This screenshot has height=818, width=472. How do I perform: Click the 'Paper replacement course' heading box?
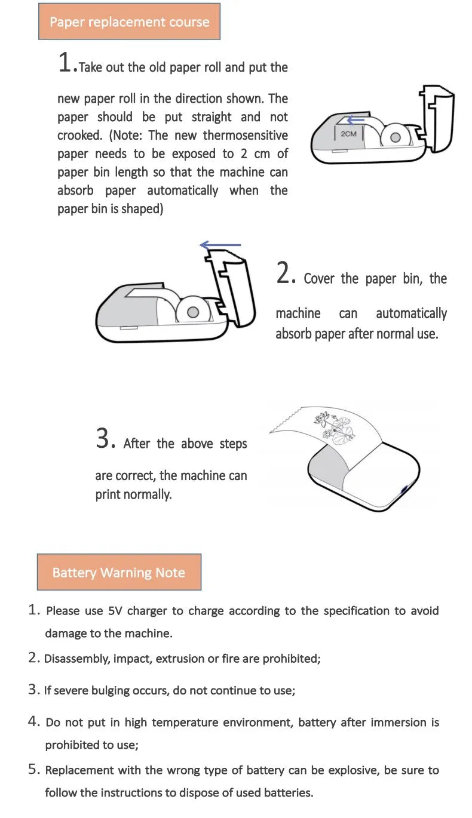pyautogui.click(x=129, y=21)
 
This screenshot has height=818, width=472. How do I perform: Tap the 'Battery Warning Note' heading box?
pyautogui.click(x=119, y=572)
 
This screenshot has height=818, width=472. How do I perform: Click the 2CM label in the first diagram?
pyautogui.click(x=348, y=134)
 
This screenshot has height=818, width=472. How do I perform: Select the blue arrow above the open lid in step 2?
pyautogui.click(x=220, y=245)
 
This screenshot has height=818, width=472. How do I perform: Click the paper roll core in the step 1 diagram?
pyautogui.click(x=396, y=137)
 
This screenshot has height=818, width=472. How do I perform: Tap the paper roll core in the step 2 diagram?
pyautogui.click(x=193, y=312)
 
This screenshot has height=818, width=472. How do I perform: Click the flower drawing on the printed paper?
pyautogui.click(x=333, y=428)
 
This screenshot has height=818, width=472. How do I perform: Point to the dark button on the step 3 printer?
pyautogui.click(x=404, y=490)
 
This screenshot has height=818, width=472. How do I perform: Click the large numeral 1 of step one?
pyautogui.click(x=65, y=62)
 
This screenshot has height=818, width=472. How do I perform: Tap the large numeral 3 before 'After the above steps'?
pyautogui.click(x=103, y=438)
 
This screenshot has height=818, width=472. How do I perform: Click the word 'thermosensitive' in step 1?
pyautogui.click(x=246, y=136)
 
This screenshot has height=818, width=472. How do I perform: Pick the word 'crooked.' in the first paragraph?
pyautogui.click(x=79, y=136)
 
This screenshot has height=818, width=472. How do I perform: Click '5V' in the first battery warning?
pyautogui.click(x=115, y=611)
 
